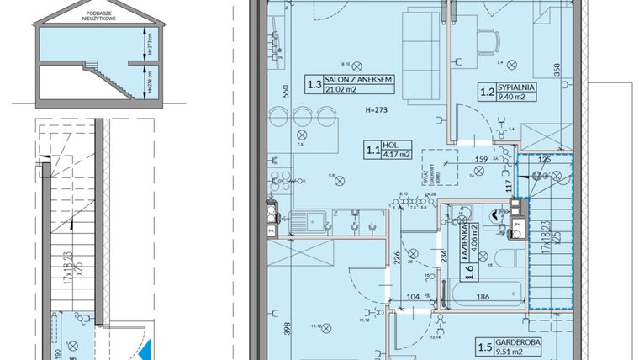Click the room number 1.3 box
point(314,84)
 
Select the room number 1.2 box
point(484,91)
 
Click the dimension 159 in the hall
point(482,160)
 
